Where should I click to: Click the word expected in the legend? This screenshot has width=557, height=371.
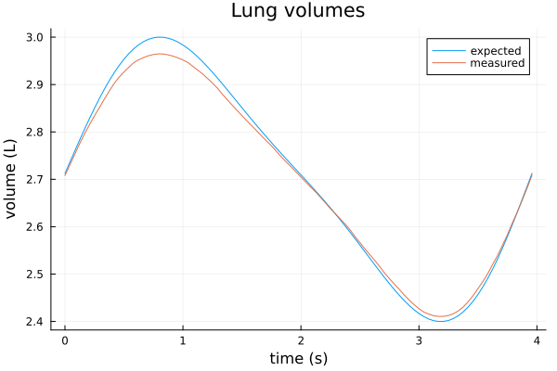click(496, 49)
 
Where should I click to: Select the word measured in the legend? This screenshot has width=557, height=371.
click(498, 63)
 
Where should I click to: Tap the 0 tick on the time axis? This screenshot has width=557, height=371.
click(65, 340)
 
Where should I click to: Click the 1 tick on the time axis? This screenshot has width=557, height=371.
click(183, 340)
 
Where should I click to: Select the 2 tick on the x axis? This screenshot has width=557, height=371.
click(301, 340)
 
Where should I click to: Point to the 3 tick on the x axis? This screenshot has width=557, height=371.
click(419, 340)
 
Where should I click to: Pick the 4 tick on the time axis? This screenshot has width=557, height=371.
click(537, 340)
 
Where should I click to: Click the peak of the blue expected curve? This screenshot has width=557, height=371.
click(160, 37)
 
